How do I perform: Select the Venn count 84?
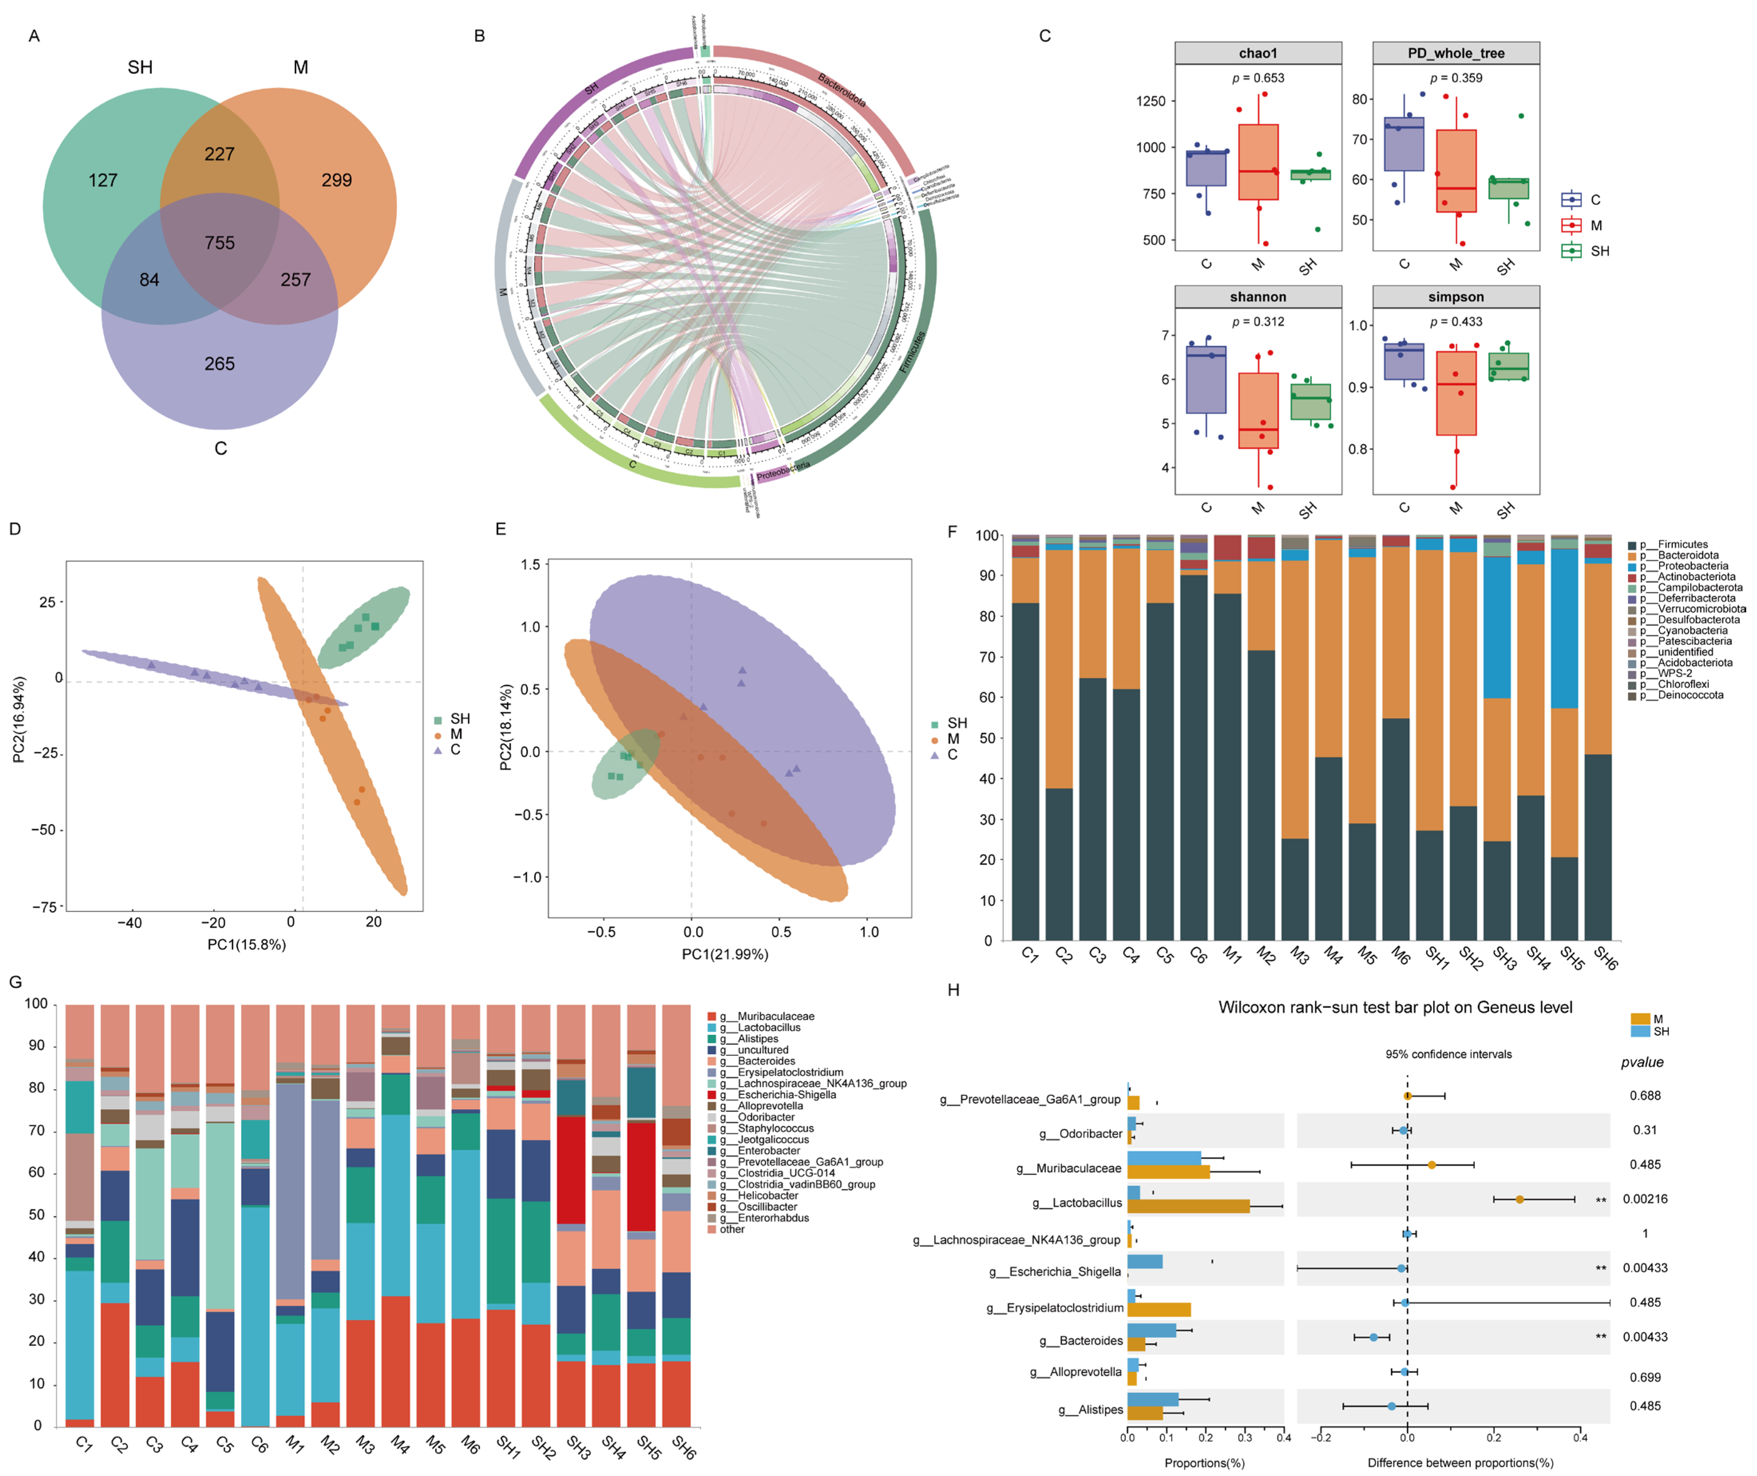click(149, 280)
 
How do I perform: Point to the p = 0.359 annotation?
click(1456, 78)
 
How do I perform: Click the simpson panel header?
click(1456, 297)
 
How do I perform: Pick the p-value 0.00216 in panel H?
click(1645, 1199)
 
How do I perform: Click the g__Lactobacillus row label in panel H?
click(1077, 1203)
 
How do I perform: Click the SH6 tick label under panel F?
click(1605, 958)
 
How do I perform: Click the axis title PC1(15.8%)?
click(247, 945)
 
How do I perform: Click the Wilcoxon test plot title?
click(1395, 1007)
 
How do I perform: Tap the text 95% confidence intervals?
click(1448, 1054)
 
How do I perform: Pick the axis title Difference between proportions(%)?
click(1460, 1462)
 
